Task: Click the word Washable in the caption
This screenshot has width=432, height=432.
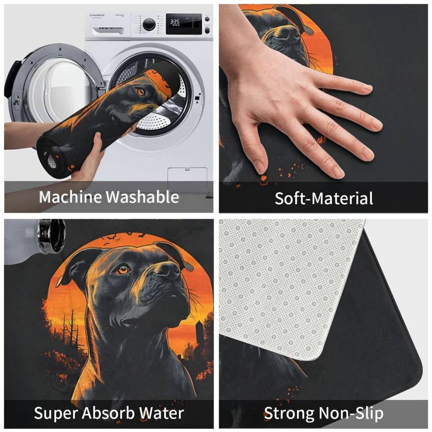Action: click(x=143, y=197)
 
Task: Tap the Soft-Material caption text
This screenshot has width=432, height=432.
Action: click(x=324, y=198)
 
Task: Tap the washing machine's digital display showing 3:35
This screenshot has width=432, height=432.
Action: click(x=184, y=24)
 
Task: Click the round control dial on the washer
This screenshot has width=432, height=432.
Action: click(x=149, y=24)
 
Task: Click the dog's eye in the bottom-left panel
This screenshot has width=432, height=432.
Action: click(x=122, y=269)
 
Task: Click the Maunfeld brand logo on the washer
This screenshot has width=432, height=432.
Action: click(x=97, y=15)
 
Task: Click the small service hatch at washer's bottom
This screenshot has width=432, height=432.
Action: click(x=187, y=176)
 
